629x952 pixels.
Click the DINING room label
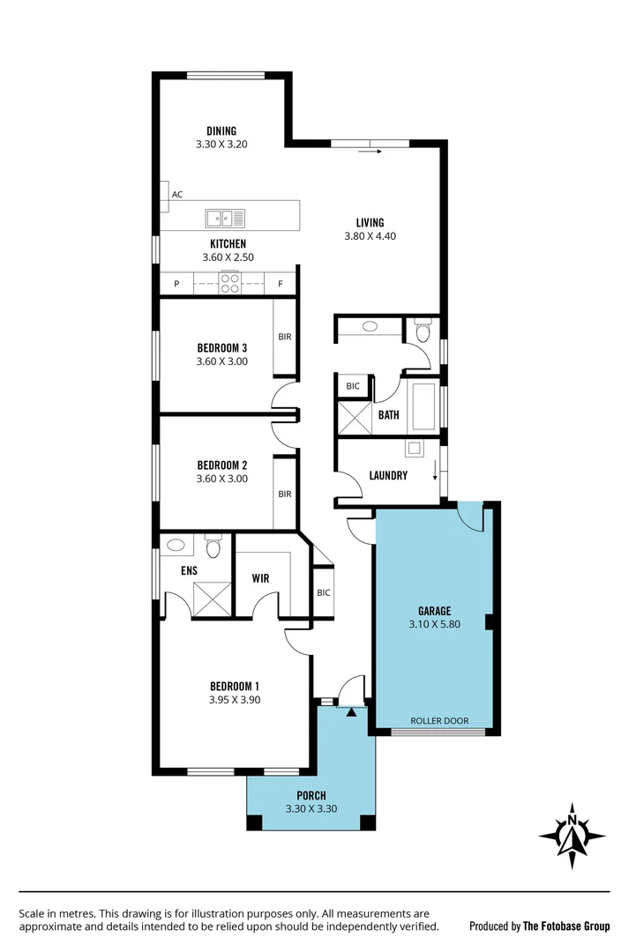221,131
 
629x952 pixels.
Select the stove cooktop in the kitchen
229,283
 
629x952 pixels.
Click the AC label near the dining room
177,194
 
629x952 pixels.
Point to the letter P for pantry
176,284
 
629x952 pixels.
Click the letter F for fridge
281,284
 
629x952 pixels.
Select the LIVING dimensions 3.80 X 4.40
371,236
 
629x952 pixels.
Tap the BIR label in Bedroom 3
285,337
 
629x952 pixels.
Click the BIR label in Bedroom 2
285,494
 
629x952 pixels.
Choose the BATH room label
388,414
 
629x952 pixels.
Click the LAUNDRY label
388,476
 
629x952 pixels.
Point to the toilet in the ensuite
212,548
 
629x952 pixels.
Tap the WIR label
260,579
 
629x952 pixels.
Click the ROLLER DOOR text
439,720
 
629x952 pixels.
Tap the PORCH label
311,796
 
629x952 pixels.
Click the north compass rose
573,833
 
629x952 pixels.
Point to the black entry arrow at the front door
351,712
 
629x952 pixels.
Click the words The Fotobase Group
565,926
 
